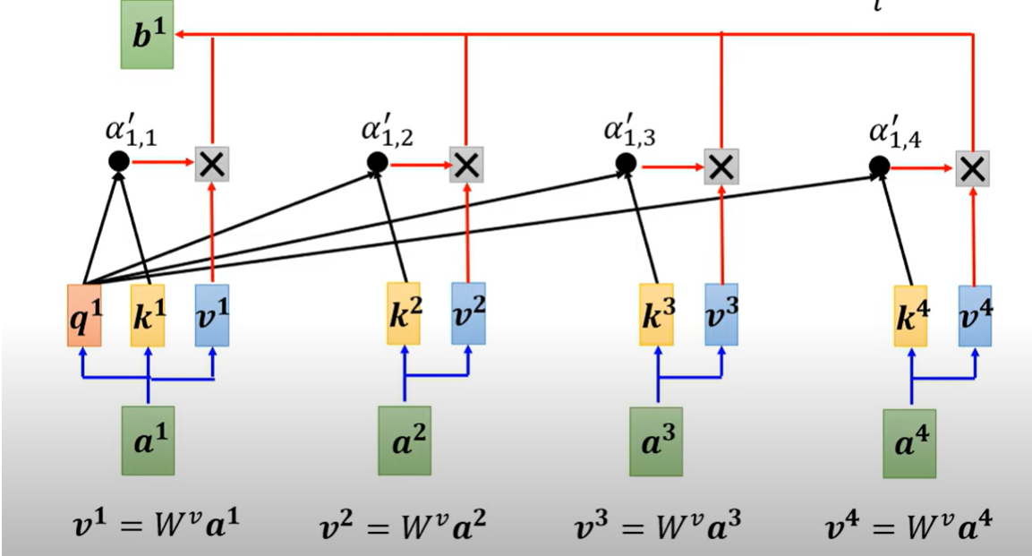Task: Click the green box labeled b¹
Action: coord(146,40)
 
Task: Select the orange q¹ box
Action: coord(83,315)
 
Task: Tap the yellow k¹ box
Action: coord(148,315)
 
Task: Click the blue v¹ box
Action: coord(212,315)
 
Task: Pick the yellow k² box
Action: coord(404,313)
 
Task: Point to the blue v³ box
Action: coord(721,315)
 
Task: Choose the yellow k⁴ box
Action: coord(910,316)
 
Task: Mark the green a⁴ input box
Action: coord(909,443)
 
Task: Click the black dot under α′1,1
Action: coord(118,161)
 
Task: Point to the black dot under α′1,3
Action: coord(626,163)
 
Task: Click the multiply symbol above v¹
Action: coord(212,163)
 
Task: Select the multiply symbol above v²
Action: coord(465,164)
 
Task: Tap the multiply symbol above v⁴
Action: coord(973,167)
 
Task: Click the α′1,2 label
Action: coord(388,131)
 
